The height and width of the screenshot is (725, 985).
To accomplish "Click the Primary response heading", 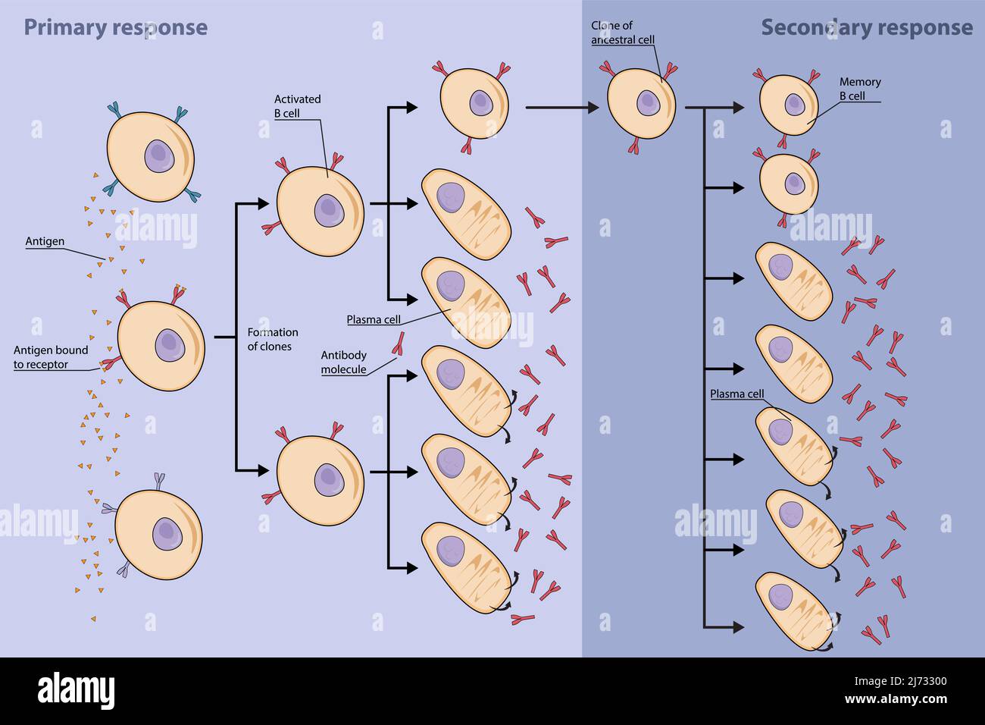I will coord(115,27).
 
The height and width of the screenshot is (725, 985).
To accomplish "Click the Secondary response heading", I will coord(866,27).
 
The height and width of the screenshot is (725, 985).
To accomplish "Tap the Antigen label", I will coord(45,242).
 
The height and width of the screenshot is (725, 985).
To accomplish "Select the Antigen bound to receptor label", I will coord(51,357).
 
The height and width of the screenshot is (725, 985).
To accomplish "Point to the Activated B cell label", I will coord(297,105).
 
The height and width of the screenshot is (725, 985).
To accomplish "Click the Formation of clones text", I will coord(273,339).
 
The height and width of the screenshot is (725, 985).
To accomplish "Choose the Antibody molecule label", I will coord(343,362).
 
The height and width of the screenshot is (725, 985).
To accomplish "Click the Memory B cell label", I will coord(859,89).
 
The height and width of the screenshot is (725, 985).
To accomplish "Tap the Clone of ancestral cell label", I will coord(622,33).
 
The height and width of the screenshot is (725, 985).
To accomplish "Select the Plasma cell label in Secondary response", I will coord(736,394).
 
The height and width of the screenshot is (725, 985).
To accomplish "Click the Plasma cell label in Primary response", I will coord(374,319).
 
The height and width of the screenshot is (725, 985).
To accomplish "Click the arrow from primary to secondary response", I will coord(561,108).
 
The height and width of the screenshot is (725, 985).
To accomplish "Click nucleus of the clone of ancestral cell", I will coord(646,102).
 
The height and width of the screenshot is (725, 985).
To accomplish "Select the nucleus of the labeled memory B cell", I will coord(793,103).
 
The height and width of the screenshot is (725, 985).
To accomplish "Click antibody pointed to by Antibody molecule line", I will coord(396,344).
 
